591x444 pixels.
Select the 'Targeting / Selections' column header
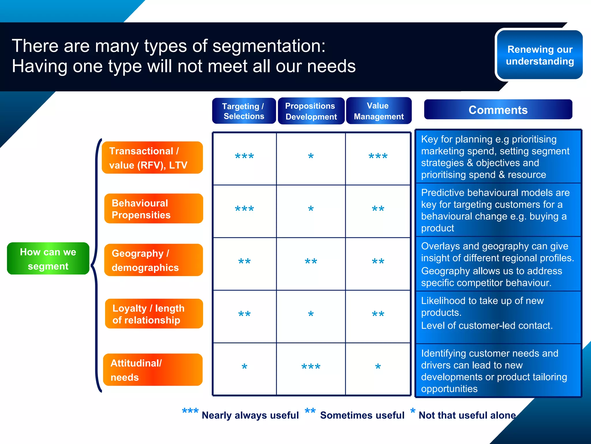244,111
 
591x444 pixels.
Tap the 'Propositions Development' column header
311,111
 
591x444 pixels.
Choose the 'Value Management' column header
379,111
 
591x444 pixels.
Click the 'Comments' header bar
498,110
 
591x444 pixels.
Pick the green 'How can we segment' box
48,259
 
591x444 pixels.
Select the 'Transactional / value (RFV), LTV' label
152,158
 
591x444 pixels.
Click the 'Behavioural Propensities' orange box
154,209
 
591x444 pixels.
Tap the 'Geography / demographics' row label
154,260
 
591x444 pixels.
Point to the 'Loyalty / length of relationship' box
154,314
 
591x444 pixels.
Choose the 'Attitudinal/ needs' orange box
153,370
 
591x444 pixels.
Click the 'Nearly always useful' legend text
250,415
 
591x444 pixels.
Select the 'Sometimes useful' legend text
362,415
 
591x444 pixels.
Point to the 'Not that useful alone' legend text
467,415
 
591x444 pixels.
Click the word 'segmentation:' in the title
269,46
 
